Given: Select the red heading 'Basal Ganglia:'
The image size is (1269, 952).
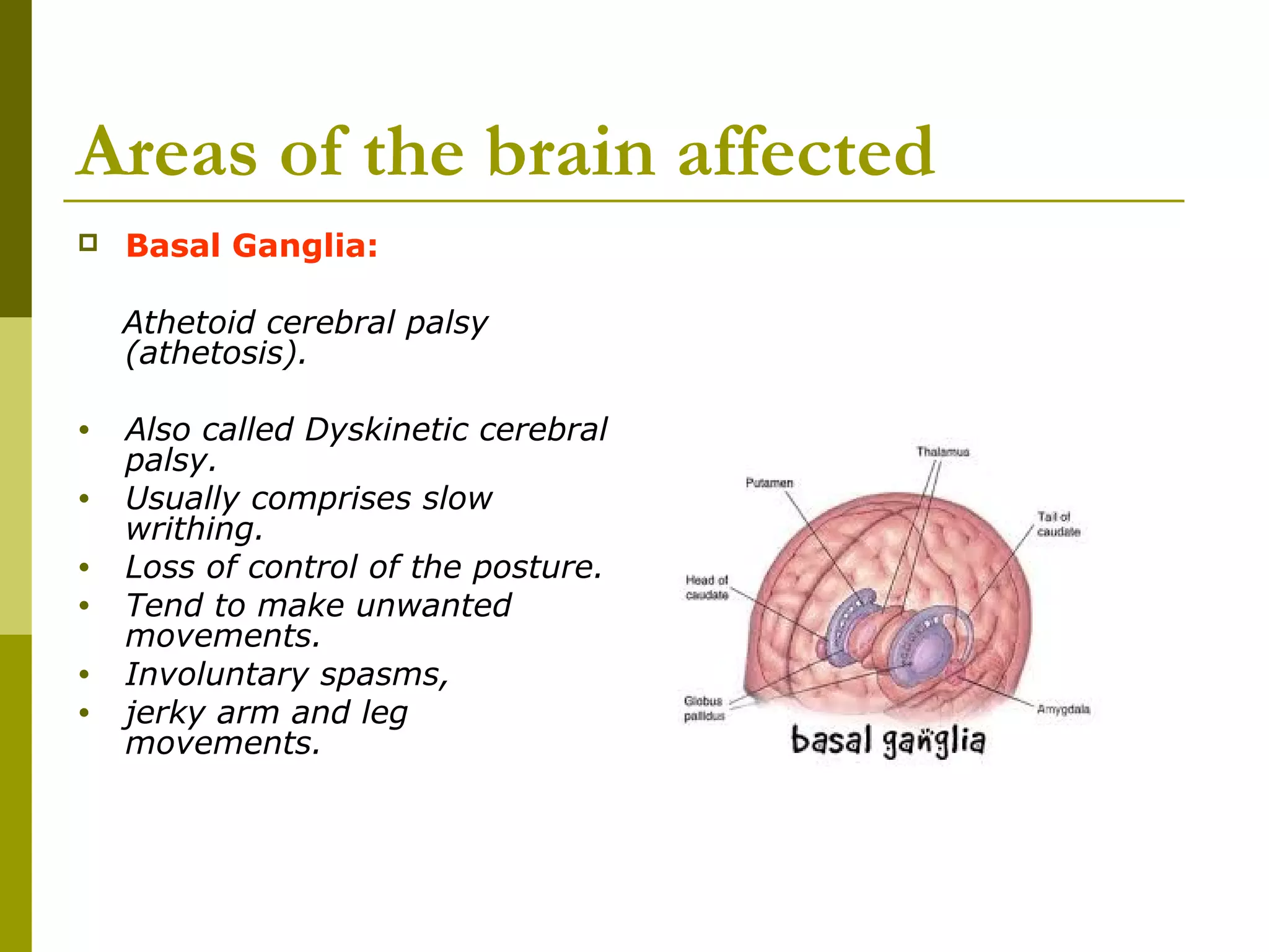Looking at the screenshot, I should coord(252,245).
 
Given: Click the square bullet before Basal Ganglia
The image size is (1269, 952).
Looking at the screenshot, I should coord(88,242).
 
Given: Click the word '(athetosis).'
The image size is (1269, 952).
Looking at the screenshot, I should coord(215,353).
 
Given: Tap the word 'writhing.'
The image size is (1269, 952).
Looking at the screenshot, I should coord(194,529).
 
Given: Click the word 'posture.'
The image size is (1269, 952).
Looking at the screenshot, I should coord(537,567).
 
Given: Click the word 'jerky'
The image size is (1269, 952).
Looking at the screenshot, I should coord(164,713).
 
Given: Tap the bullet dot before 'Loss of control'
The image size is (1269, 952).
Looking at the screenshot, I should coord(84,568).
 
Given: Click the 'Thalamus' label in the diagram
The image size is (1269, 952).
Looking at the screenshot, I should coord(942,452).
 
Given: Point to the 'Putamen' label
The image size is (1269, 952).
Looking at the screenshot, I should coord(769,483).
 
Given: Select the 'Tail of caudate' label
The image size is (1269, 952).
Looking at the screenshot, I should coord(1058,524).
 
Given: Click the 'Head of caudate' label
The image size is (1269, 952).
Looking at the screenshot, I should coord(706,588).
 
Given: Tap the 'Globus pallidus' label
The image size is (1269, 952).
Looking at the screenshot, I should coord(704,708).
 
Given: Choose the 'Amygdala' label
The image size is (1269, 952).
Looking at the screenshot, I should coord(1063,709).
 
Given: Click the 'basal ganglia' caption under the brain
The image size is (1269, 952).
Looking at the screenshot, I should coord(887,741).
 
